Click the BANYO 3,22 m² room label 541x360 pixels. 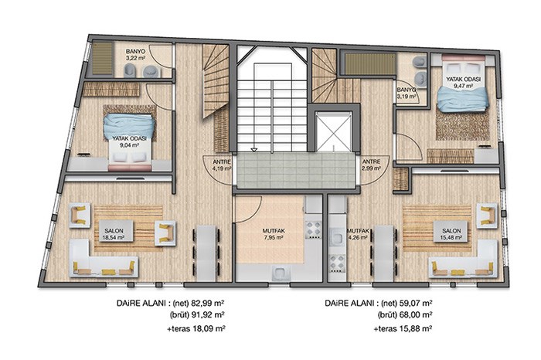click(x=135, y=55)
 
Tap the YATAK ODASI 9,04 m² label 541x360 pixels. click(x=129, y=141)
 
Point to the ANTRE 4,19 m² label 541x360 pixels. click(x=222, y=165)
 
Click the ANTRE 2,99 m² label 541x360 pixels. click(x=371, y=165)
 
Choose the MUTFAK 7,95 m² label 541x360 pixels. click(x=274, y=234)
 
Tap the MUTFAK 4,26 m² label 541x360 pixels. click(x=358, y=234)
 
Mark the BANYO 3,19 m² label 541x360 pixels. click(x=406, y=93)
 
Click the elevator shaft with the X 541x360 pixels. click(x=333, y=132)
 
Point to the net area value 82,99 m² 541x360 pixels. click(x=205, y=304)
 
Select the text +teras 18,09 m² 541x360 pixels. click(x=196, y=328)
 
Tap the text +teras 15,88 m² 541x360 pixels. click(x=403, y=328)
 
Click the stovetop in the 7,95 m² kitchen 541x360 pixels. click(x=314, y=230)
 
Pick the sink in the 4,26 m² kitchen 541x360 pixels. click(x=336, y=238)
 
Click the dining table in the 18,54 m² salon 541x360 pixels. click(x=206, y=253)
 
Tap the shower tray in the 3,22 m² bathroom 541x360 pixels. click(x=103, y=59)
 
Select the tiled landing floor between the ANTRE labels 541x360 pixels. click(x=296, y=171)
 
